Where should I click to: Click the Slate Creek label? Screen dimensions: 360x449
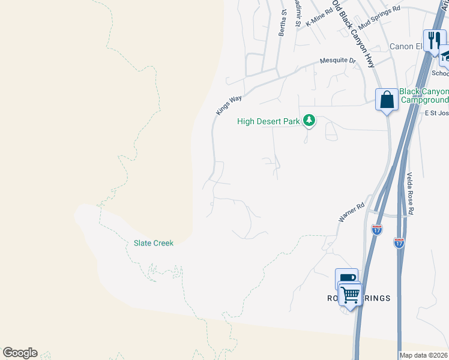tap(153, 243)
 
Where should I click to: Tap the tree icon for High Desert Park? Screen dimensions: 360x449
tap(309, 121)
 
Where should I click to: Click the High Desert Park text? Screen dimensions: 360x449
tap(268, 121)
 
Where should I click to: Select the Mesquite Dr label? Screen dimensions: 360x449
tap(338, 61)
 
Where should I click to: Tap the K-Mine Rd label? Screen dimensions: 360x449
tap(319, 17)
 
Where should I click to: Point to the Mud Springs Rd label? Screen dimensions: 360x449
tap(379, 17)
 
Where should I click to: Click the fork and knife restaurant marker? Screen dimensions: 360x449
tap(434, 40)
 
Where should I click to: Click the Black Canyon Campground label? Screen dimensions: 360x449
tap(424, 95)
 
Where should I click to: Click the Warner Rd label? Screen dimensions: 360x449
tap(352, 213)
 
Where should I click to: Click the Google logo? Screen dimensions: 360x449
tap(20, 353)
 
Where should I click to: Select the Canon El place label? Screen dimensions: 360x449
tap(406, 46)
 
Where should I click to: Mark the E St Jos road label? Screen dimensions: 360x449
tap(436, 113)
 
